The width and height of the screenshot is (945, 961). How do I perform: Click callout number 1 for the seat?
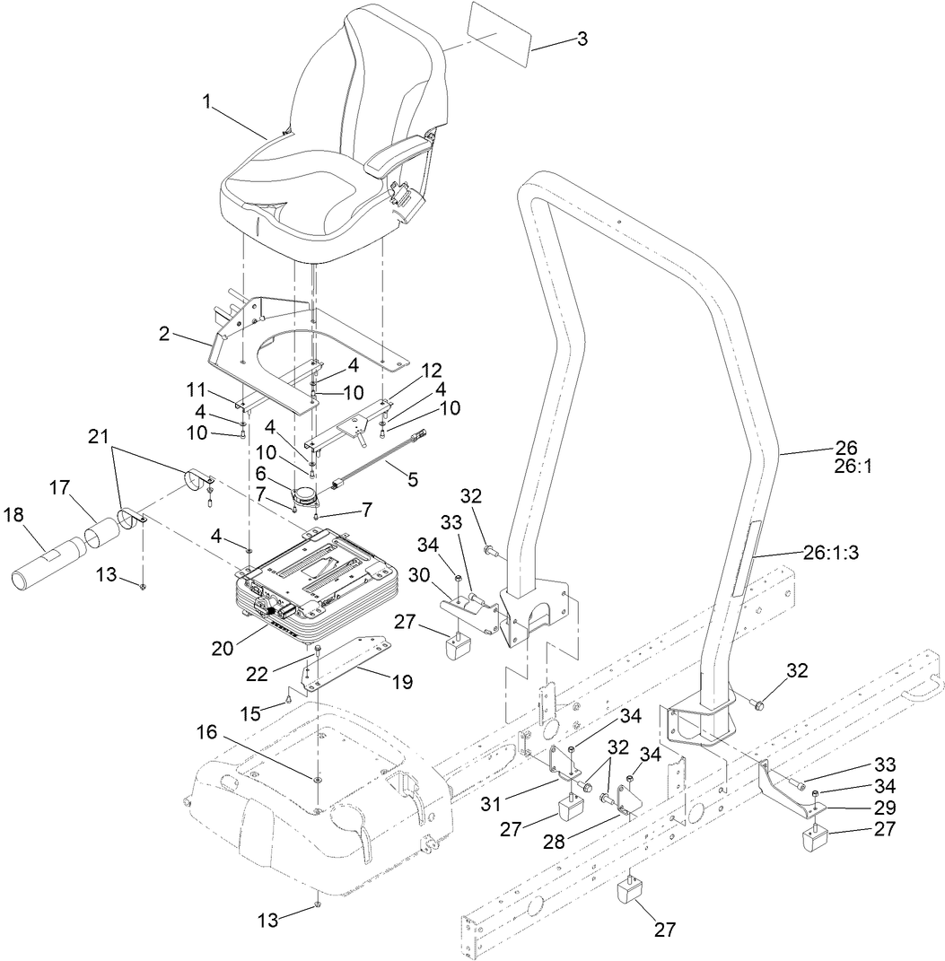pos(207,102)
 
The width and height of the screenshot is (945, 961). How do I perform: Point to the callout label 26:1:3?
pos(831,555)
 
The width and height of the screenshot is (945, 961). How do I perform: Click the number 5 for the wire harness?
pos(412,480)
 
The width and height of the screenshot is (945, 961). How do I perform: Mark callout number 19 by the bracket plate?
pos(401,683)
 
